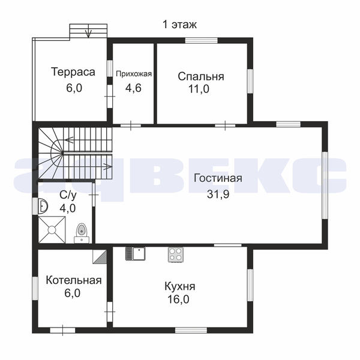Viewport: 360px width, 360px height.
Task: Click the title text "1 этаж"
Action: pos(179,25)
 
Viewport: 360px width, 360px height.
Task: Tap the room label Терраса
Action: pos(73,71)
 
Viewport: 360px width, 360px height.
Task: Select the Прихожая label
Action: pos(134,74)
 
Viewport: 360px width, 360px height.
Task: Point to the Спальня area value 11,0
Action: pos(199,89)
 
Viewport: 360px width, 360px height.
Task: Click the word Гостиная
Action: pos(218,178)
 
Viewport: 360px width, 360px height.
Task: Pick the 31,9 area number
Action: pos(218,194)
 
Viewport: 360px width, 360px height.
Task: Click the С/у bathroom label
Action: pos(68,195)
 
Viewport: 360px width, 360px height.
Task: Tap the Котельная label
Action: pos(74,280)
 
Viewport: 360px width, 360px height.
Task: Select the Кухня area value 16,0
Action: pos(178,299)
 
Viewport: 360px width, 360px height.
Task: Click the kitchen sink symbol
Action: pos(136,253)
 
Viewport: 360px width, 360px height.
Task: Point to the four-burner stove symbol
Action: pos(176,254)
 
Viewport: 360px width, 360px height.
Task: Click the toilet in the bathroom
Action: pos(81,233)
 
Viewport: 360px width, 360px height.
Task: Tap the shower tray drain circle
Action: pos(52,230)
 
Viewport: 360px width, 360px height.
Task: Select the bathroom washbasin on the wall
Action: pos(43,206)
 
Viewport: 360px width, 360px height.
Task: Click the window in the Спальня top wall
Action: pos(202,40)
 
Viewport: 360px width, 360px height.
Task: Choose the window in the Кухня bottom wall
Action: pos(191,330)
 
